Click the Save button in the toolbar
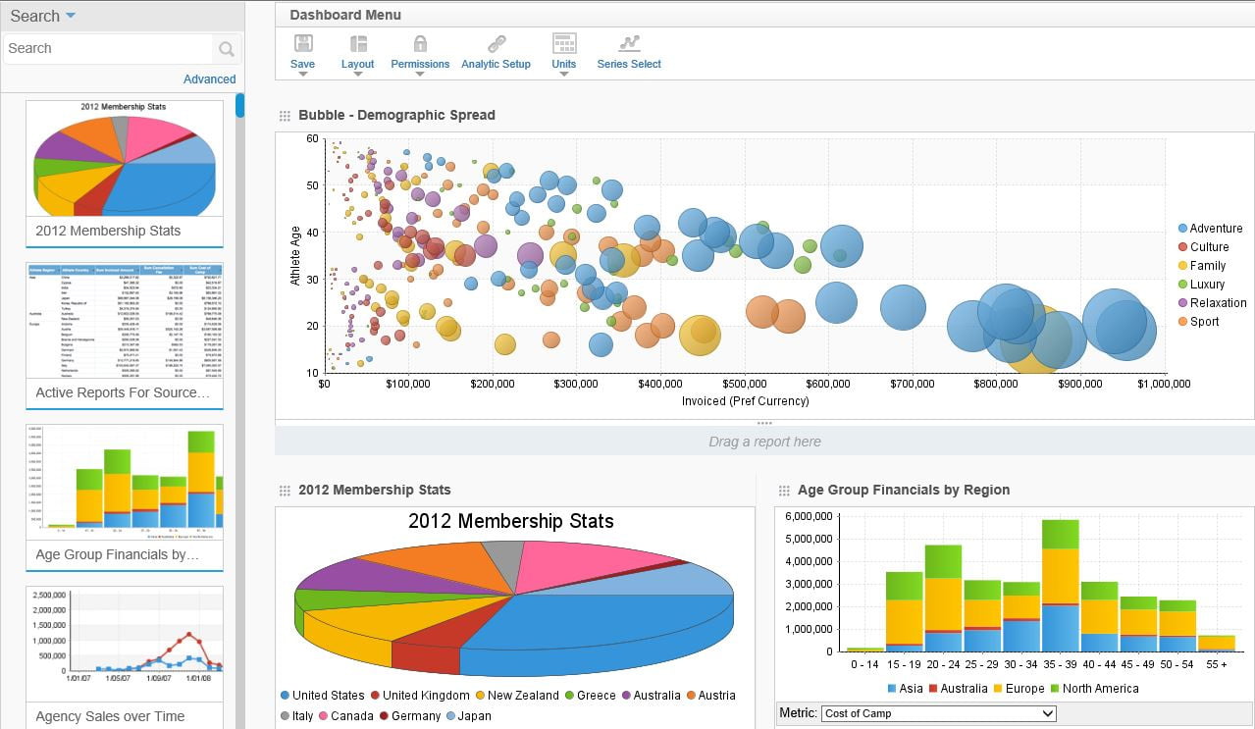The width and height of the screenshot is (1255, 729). tap(303, 52)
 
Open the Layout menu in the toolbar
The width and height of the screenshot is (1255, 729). tap(358, 52)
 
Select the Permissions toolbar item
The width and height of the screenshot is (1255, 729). tap(420, 52)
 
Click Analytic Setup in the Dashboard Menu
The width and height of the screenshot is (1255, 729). tap(496, 52)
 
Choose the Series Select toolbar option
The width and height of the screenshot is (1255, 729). tap(629, 52)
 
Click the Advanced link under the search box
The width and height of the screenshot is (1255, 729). tap(209, 79)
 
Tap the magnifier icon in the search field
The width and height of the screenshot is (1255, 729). tap(227, 49)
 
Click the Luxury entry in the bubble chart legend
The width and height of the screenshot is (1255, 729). tap(1207, 285)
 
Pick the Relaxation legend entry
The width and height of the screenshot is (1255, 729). tap(1218, 303)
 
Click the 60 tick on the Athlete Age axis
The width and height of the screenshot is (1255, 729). tap(312, 139)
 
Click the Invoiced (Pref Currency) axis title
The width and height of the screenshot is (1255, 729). tap(745, 401)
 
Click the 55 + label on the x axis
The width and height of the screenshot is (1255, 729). tap(1217, 664)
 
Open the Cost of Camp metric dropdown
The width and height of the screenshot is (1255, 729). tap(938, 713)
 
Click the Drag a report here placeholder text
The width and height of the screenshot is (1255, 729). tap(764, 442)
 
